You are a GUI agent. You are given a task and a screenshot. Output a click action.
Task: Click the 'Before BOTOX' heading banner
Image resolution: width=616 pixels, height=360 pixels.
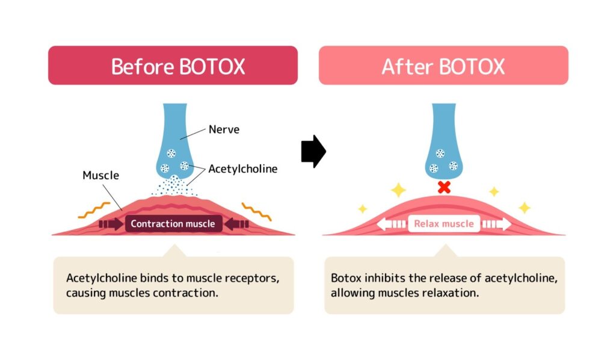coord(173,65)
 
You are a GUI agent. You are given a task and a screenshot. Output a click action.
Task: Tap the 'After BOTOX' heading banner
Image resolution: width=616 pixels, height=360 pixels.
coord(443,65)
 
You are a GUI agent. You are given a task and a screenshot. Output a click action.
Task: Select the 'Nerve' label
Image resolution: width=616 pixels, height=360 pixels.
coord(224,129)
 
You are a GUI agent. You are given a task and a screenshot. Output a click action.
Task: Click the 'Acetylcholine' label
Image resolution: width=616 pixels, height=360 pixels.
coord(242,169)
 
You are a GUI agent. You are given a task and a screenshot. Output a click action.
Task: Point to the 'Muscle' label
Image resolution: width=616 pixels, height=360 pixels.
coord(100,176)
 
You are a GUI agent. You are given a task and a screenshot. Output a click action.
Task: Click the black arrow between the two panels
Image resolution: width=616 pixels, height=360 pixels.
coord(313,151)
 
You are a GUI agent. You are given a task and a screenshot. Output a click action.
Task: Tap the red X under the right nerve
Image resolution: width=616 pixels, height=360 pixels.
coord(444,187)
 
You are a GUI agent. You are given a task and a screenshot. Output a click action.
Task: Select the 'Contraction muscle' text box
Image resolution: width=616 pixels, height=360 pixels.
coord(173,224)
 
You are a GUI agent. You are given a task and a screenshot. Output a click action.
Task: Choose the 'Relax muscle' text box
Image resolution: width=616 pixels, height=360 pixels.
coord(443,224)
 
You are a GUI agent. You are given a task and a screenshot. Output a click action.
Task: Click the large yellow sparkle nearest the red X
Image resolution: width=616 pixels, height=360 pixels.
coord(398,190)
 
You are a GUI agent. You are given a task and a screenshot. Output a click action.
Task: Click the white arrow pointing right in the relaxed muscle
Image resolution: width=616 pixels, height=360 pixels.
coord(497,225)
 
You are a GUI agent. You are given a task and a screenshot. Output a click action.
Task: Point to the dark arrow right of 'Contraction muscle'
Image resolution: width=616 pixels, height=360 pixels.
coord(235,225)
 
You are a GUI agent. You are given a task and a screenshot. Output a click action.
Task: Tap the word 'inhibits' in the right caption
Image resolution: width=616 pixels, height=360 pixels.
coord(380,279)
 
